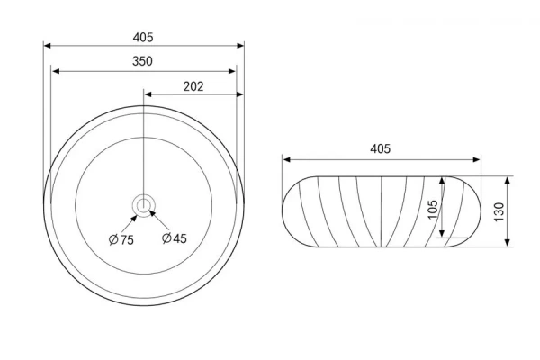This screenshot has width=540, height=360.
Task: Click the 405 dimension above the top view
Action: coord(143,37)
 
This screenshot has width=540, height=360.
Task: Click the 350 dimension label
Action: coord(142,61)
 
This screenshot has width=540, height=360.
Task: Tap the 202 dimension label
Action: coord(193,86)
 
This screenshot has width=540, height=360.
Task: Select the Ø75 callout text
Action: coord(121,239)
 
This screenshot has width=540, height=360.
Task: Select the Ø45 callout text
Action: coord(175,238)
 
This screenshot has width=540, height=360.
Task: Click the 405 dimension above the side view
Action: coord(380,148)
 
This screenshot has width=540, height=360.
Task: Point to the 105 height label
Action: coord(432,209)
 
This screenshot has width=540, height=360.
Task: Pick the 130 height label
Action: coord(499,211)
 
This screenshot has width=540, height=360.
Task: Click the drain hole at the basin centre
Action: coord(142,206)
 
